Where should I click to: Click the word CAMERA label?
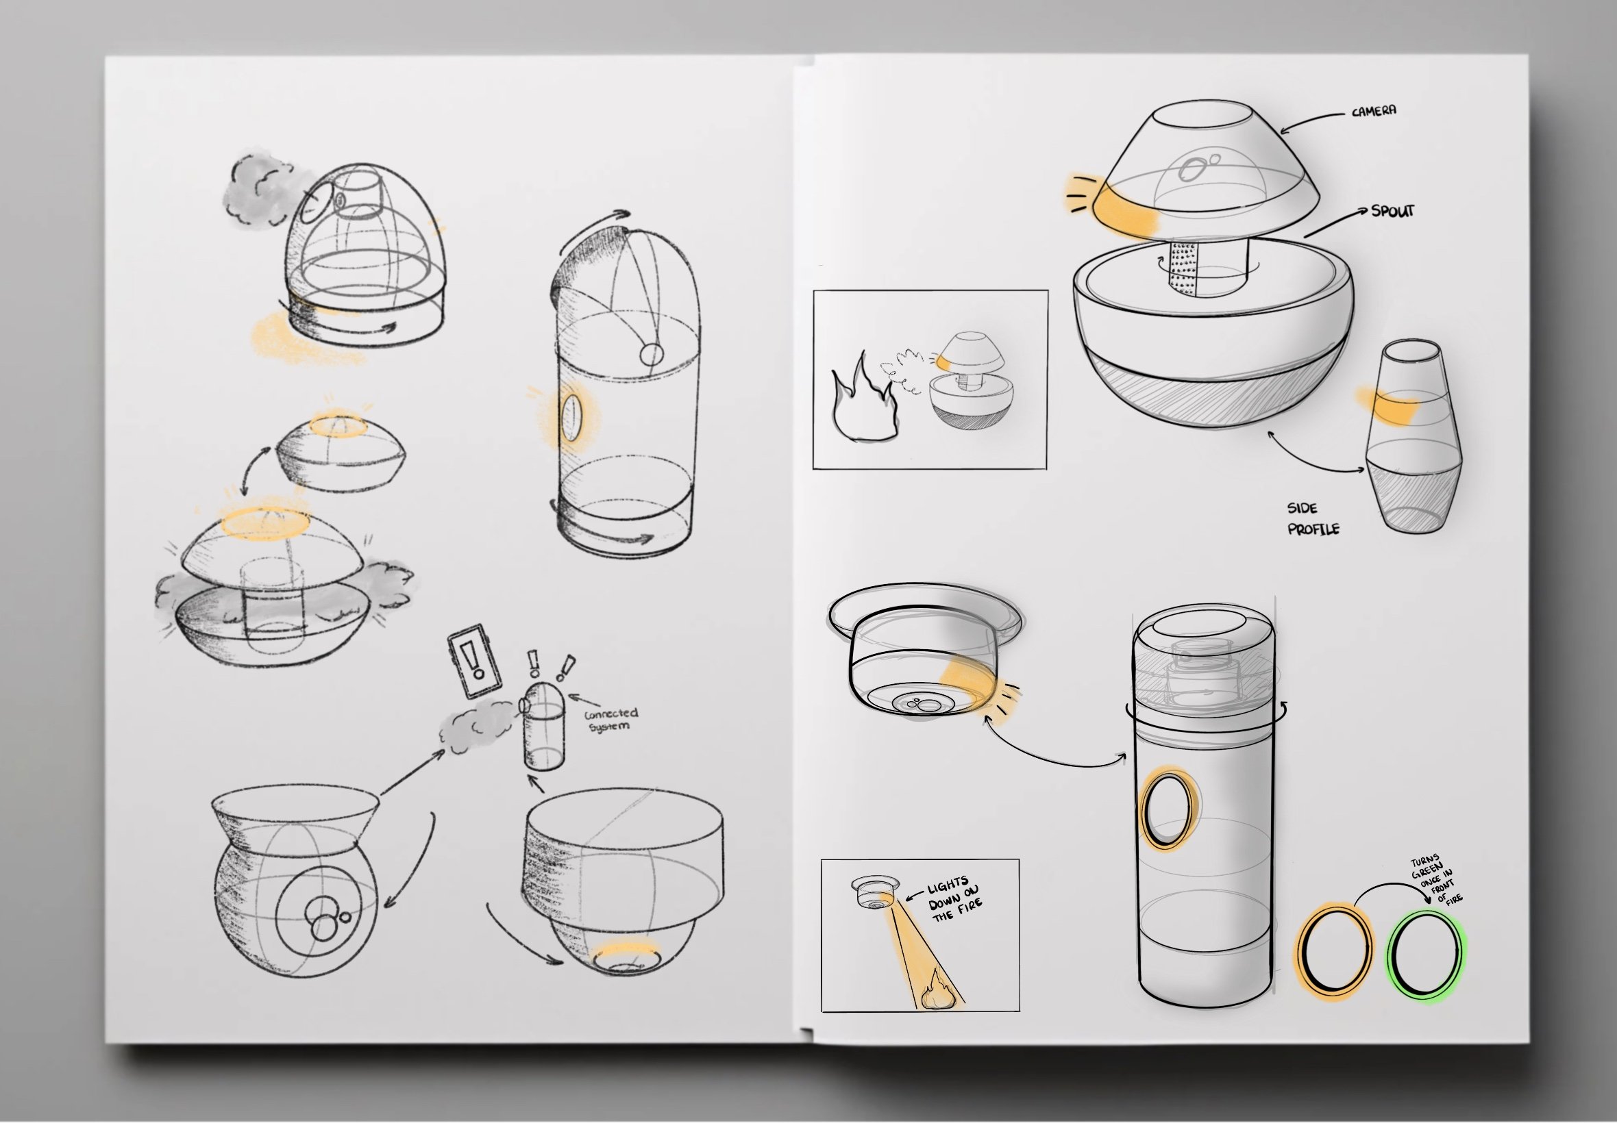tap(1374, 110)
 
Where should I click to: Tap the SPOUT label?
tap(1392, 210)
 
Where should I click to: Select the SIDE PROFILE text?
tap(1313, 518)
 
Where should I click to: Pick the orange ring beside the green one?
tap(1334, 950)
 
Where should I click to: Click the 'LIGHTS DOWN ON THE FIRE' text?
tap(954, 898)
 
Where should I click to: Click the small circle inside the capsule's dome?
tap(652, 353)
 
